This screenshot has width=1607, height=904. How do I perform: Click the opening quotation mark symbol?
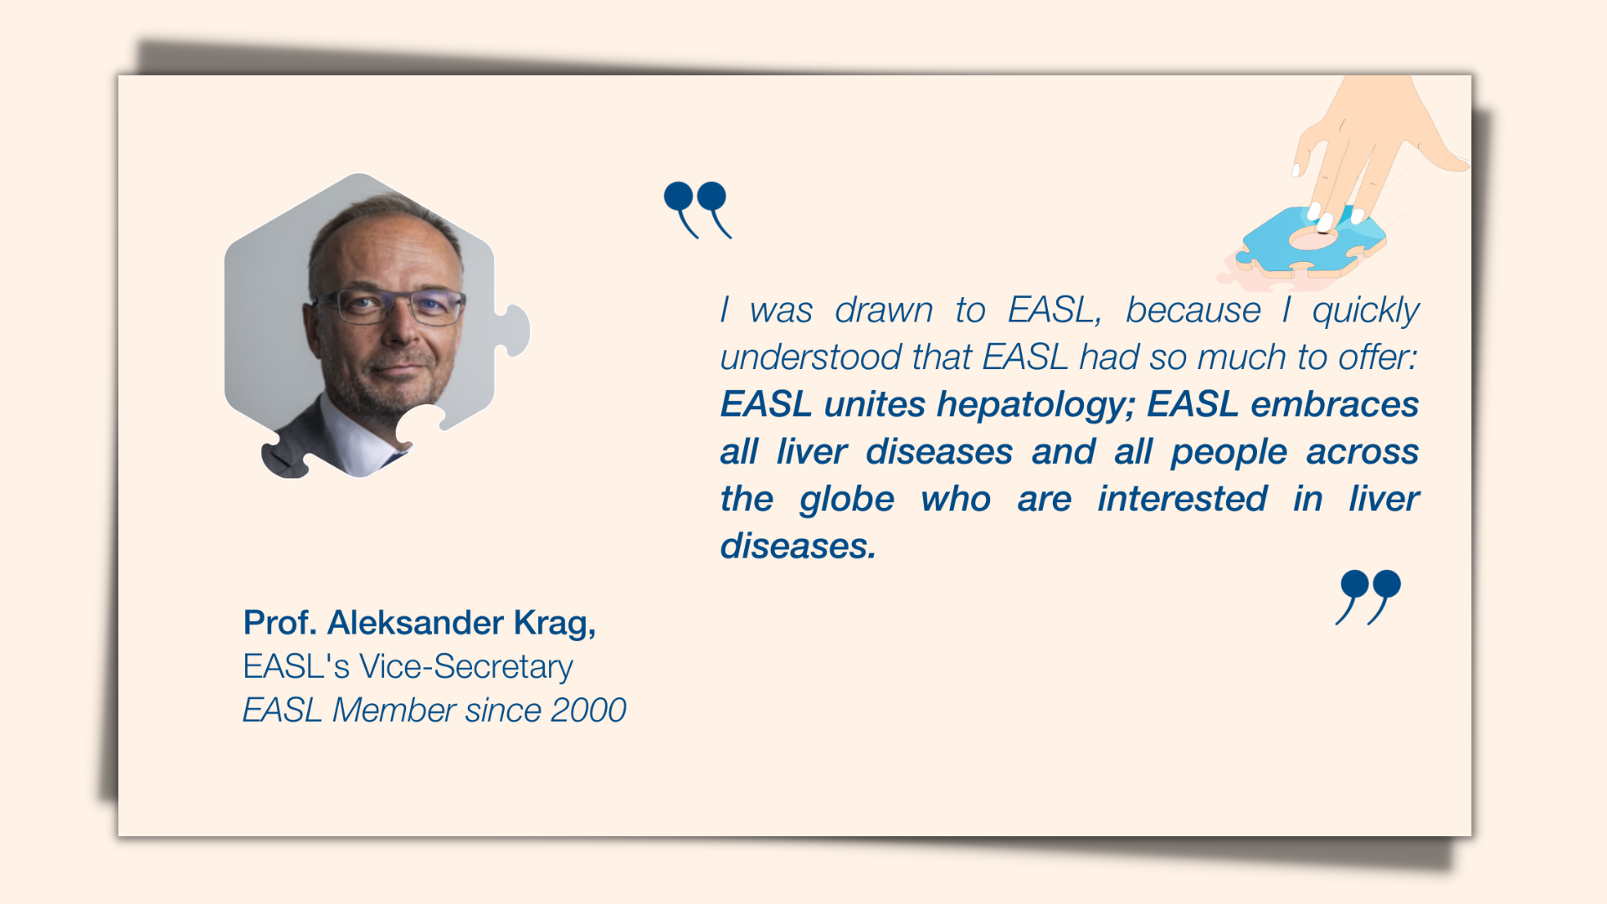pyautogui.click(x=697, y=209)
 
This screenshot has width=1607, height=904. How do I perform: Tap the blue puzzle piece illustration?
pyautogui.click(x=1312, y=241)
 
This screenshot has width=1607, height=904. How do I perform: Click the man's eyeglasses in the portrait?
pyautogui.click(x=390, y=306)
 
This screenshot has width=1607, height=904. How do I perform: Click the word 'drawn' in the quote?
pyautogui.click(x=884, y=311)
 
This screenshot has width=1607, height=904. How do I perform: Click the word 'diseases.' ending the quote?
pyautogui.click(x=798, y=546)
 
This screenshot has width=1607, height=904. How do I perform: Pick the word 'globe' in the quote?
pyautogui.click(x=847, y=500)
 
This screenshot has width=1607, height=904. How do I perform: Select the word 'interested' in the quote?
pyautogui.click(x=1183, y=499)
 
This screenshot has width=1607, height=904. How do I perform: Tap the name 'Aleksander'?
pyautogui.click(x=415, y=623)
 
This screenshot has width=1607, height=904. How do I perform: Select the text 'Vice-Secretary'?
pyautogui.click(x=466, y=667)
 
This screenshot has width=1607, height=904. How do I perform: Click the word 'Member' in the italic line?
pyautogui.click(x=394, y=711)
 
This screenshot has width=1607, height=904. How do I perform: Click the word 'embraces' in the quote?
pyautogui.click(x=1335, y=404)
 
